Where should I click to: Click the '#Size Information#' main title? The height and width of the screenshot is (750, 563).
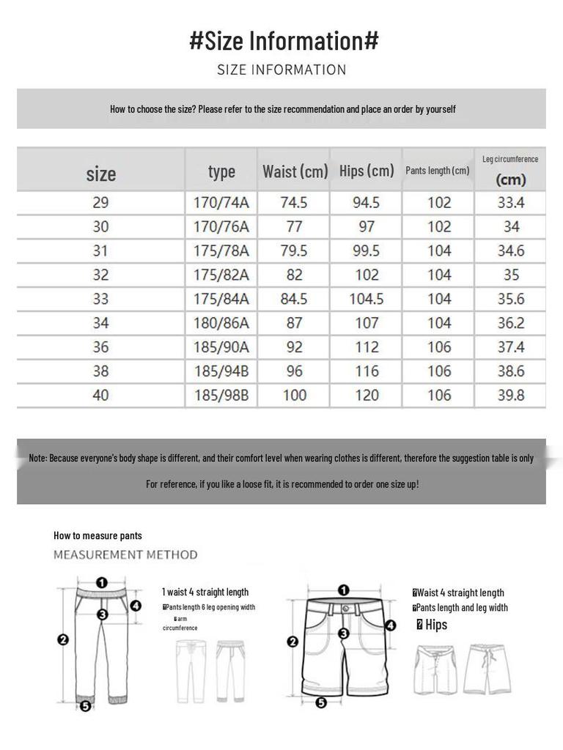pyautogui.click(x=284, y=41)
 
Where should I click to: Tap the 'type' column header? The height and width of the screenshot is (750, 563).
pyautogui.click(x=221, y=171)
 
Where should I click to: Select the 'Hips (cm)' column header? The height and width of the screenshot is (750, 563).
pyautogui.click(x=367, y=171)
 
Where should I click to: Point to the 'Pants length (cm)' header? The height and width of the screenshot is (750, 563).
pyautogui.click(x=438, y=171)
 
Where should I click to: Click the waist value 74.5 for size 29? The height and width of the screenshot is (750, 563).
pyautogui.click(x=294, y=203)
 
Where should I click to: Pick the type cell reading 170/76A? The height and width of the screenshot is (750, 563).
pyautogui.click(x=221, y=227)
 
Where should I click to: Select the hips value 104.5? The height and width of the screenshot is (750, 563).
pyautogui.click(x=367, y=299)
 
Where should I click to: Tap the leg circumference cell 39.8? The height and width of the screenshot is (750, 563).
pyautogui.click(x=511, y=396)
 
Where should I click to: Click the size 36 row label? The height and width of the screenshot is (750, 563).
pyautogui.click(x=100, y=347)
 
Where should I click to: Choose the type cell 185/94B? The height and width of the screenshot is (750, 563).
pyautogui.click(x=221, y=371)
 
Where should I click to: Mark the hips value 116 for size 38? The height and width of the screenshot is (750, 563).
pyautogui.click(x=367, y=371)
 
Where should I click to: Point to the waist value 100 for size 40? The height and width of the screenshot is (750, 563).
pyautogui.click(x=294, y=396)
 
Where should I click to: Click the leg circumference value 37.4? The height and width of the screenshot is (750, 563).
pyautogui.click(x=511, y=347)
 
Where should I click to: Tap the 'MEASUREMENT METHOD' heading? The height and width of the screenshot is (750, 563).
pyautogui.click(x=125, y=554)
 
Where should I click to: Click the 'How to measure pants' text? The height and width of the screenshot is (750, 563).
pyautogui.click(x=97, y=535)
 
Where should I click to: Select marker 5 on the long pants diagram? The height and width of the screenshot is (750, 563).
pyautogui.click(x=85, y=707)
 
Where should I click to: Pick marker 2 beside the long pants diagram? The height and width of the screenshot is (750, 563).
pyautogui.click(x=63, y=639)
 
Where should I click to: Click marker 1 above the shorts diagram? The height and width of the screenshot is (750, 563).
pyautogui.click(x=344, y=590)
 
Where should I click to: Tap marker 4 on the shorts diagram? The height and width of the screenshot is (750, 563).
pyautogui.click(x=391, y=625)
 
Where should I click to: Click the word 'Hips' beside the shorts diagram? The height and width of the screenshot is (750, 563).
pyautogui.click(x=436, y=625)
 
